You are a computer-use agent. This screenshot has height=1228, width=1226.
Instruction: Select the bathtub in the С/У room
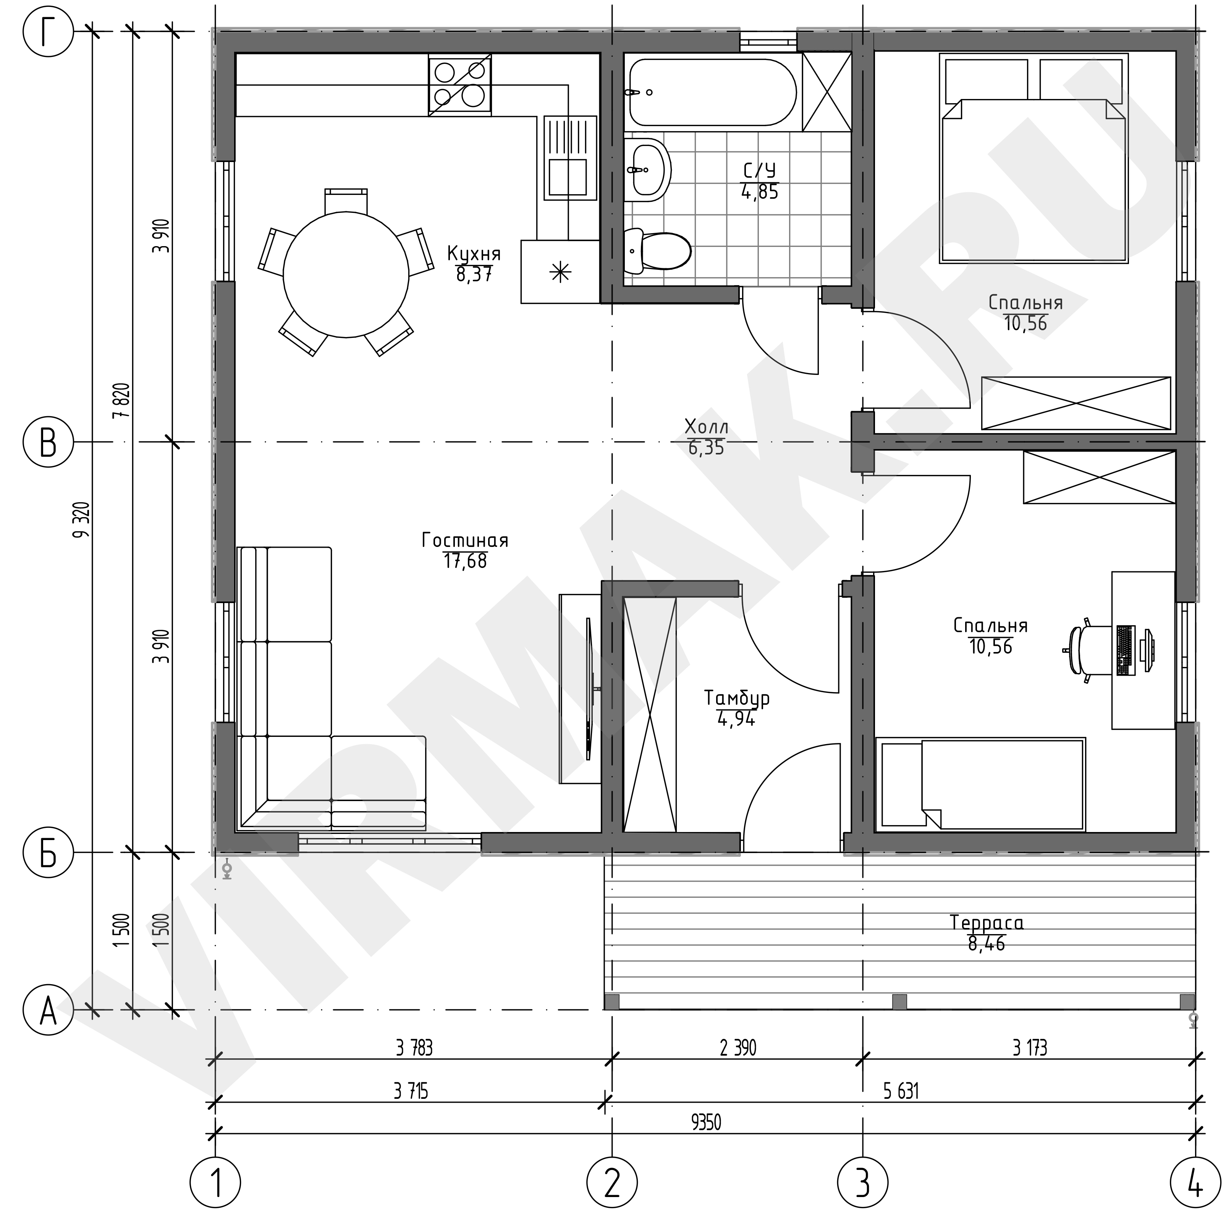[x=713, y=92]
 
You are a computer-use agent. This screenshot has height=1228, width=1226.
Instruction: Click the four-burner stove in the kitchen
[x=460, y=85]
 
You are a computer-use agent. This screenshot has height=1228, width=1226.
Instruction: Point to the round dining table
[x=346, y=274]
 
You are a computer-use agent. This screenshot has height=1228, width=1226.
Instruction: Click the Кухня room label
[x=474, y=254]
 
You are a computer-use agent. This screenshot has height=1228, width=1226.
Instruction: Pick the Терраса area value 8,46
[x=987, y=944]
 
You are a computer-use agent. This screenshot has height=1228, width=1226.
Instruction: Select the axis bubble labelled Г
[x=48, y=32]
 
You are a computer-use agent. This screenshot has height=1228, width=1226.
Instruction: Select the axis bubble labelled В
[x=48, y=442]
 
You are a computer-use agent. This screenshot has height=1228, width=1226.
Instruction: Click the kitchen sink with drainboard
[x=570, y=157]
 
